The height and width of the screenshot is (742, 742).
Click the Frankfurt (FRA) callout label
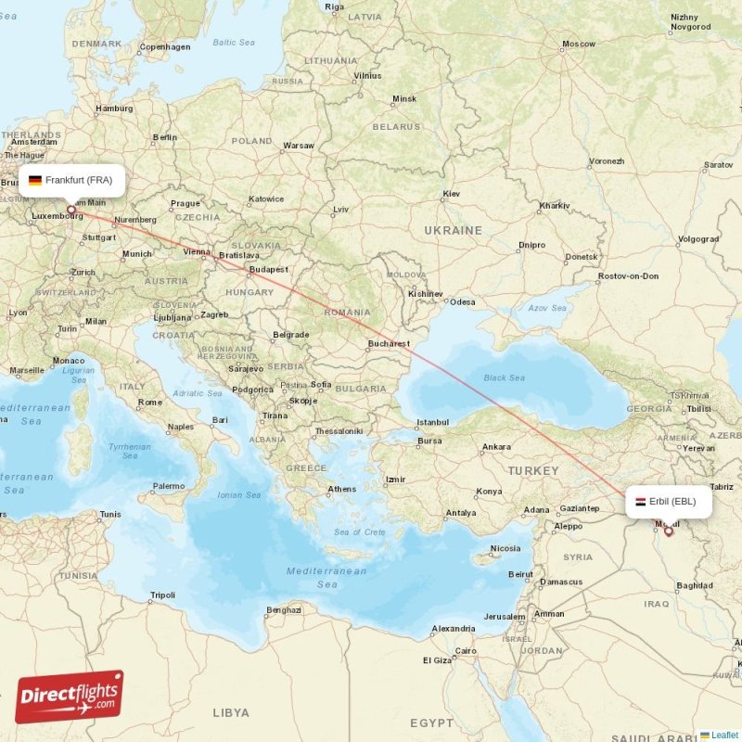[71, 180]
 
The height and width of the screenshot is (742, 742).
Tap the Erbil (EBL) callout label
[671, 502]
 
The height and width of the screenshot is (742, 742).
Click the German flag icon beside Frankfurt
[35, 180]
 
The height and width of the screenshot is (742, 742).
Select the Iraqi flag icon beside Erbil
[640, 502]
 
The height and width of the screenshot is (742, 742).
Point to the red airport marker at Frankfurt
[70, 211]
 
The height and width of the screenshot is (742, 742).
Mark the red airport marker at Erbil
[668, 531]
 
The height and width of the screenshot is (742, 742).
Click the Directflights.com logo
[69, 697]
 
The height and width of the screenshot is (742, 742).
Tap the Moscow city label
[579, 44]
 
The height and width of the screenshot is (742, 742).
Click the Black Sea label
[504, 377]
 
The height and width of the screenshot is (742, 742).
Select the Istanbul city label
[432, 422]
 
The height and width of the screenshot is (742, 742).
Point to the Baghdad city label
[695, 585]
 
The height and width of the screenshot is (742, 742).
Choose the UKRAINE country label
[453, 230]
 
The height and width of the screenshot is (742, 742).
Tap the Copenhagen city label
[165, 46]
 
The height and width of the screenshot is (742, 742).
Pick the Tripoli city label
[162, 595]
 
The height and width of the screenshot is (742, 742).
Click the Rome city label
[150, 402]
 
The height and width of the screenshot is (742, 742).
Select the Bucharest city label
[389, 343]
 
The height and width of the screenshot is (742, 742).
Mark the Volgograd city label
[698, 238]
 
